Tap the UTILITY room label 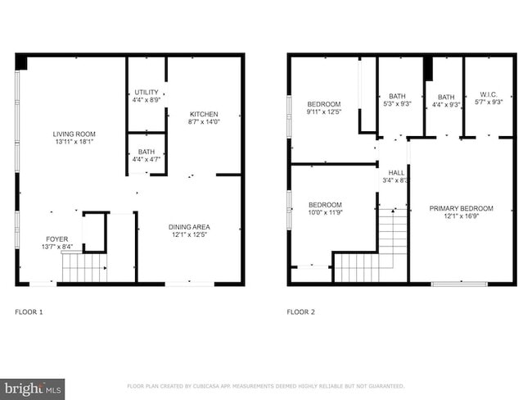146,93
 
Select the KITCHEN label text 205,114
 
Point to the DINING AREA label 190,227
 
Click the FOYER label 56,239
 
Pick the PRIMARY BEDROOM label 462,209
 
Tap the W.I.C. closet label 488,94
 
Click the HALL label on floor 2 396,173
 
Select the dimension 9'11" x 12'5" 323,111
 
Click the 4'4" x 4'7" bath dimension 146,160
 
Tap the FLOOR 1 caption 29,311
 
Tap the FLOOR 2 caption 300,311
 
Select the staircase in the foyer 84,266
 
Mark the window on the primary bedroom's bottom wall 459,284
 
